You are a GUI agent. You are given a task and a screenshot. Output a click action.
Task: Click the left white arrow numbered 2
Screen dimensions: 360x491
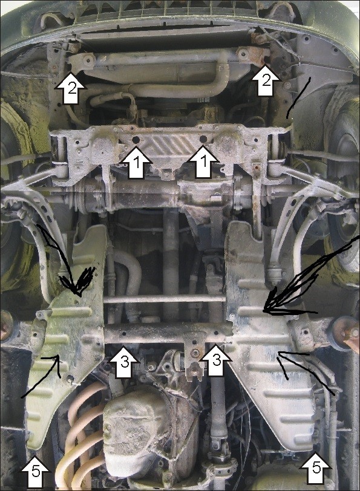[71, 88]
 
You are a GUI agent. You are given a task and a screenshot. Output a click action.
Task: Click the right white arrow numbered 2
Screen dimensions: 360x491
[265, 80]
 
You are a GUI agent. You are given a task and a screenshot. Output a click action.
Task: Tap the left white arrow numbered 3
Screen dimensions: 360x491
[124, 362]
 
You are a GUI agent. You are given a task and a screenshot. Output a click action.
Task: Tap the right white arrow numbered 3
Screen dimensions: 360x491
[216, 360]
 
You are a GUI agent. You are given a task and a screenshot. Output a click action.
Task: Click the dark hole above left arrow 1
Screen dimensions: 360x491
[136, 140]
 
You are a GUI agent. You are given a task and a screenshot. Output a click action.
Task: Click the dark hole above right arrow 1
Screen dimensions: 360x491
[203, 138]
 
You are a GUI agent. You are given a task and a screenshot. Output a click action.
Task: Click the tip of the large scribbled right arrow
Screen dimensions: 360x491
[263, 311]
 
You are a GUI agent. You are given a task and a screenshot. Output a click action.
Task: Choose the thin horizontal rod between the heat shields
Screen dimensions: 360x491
[165, 299]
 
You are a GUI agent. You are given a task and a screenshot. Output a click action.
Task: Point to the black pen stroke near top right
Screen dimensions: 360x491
[298, 98]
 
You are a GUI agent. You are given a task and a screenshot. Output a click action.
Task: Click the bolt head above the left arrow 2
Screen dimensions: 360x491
[89, 58]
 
